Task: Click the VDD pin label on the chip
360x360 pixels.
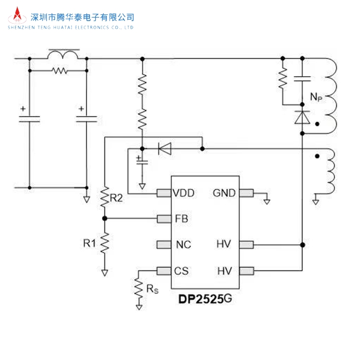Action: coord(184,193)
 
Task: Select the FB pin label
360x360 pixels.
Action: coord(181,219)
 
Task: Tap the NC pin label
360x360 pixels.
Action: coord(183,244)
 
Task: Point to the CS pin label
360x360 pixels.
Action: coord(182,271)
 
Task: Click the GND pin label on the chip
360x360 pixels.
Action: coord(224,193)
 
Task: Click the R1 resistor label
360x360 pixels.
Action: coord(89,242)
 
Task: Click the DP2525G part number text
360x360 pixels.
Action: coord(207,298)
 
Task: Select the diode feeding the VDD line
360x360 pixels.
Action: coord(165,149)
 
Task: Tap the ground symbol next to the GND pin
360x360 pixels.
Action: coord(266,201)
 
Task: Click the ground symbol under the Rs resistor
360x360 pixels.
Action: coord(139,307)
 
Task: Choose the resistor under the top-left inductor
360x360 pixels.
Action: coord(60,70)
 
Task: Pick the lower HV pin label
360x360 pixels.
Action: coord(224,271)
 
